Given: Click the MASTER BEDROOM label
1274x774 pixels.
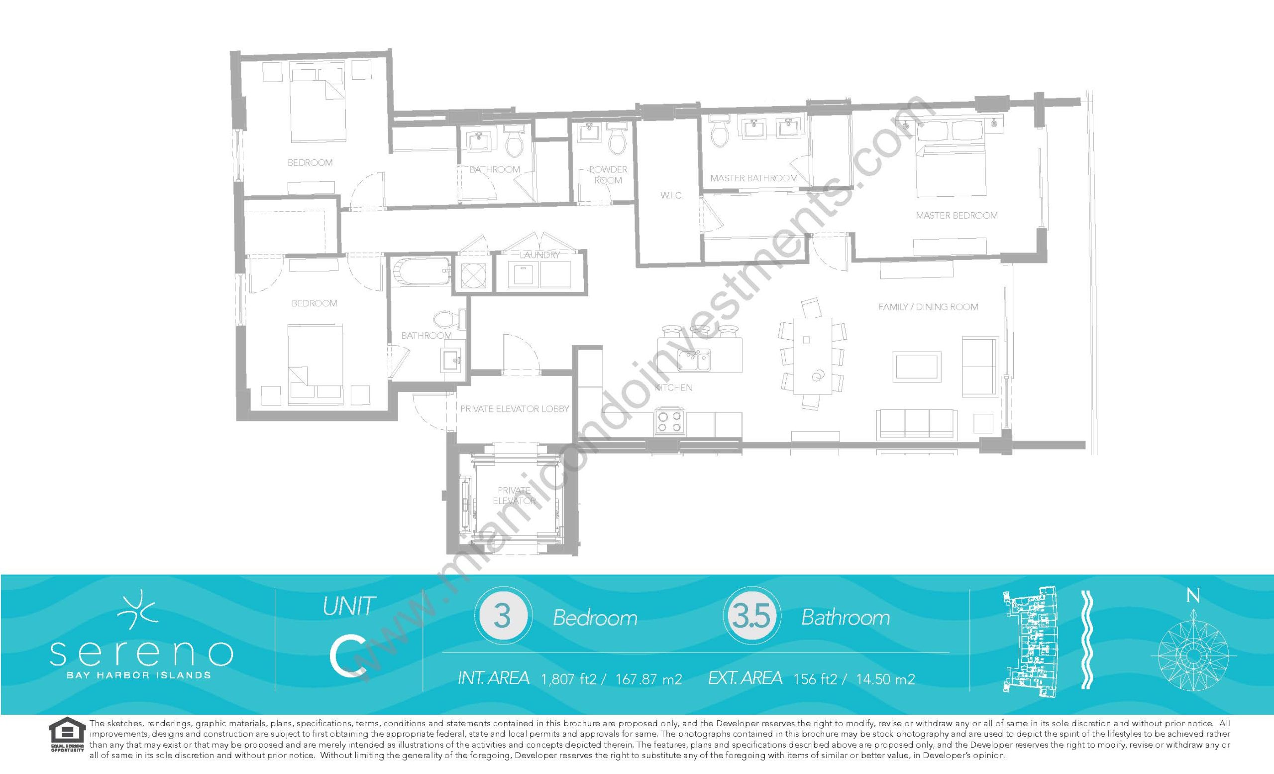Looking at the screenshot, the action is (956, 215).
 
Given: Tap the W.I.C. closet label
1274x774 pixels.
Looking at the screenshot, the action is (671, 196).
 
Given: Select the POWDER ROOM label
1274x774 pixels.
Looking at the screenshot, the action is (608, 175).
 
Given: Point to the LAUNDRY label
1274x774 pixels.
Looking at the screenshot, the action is (539, 255).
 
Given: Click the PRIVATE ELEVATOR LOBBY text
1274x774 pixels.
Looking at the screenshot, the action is (515, 409).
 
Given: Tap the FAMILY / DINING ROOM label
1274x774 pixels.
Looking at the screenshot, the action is (928, 307).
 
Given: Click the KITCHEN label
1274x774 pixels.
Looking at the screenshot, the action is (674, 387).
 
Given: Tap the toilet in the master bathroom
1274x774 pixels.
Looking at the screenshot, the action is (718, 133).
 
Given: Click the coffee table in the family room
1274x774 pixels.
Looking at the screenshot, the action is (917, 367).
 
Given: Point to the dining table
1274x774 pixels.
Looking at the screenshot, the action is (812, 357).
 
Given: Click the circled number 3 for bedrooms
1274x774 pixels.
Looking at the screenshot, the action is (503, 617).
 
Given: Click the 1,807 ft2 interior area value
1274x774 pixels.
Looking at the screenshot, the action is (568, 679).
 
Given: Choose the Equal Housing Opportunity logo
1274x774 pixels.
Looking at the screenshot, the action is (66, 737).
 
